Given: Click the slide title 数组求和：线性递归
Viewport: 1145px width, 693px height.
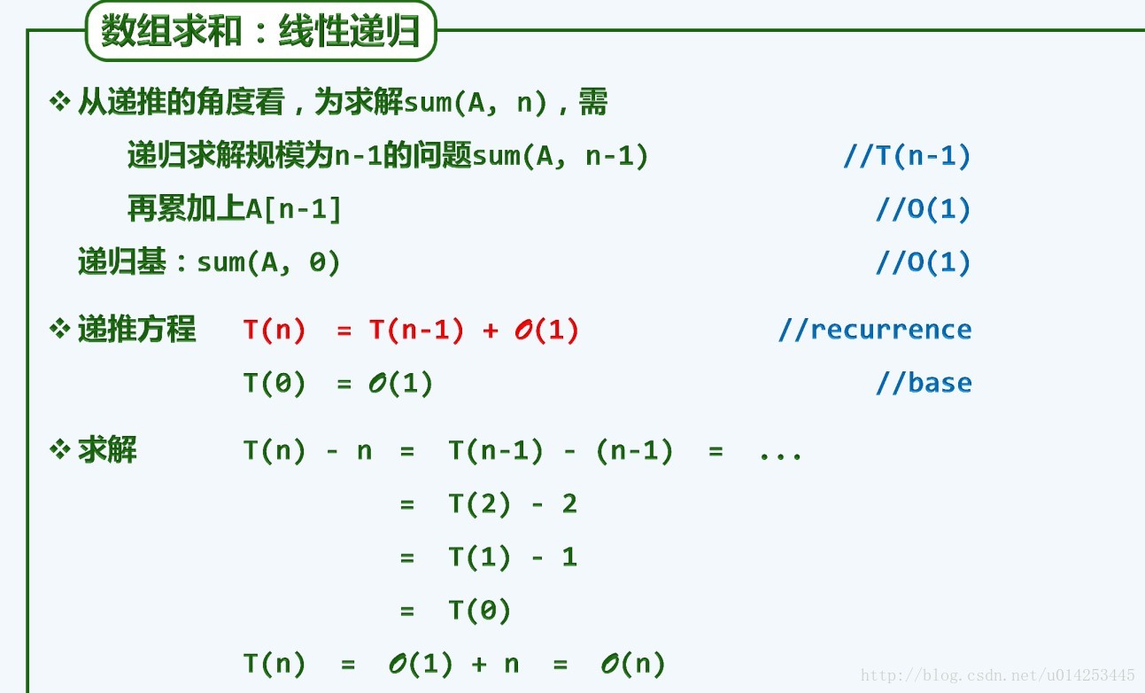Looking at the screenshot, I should (260, 33).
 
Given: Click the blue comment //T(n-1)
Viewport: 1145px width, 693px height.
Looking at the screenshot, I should (907, 157).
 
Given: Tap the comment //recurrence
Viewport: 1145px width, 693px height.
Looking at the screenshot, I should (874, 330).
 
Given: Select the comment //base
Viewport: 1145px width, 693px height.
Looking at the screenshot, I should (924, 383).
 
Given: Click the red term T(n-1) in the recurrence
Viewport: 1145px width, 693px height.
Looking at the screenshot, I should (416, 331).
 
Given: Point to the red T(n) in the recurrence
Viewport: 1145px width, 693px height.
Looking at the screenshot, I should (275, 331).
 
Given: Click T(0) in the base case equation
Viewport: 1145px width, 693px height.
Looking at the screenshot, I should (275, 384).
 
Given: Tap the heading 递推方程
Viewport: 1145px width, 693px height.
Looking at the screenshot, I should (136, 329).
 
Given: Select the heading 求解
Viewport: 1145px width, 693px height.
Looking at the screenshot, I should (107, 450).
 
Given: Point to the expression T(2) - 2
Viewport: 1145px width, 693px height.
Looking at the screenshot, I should (513, 504).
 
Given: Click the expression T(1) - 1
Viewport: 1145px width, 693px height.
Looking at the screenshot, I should (513, 557).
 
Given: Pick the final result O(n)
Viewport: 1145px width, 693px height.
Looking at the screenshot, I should (632, 664).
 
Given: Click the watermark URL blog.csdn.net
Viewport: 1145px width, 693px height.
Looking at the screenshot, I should (998, 676).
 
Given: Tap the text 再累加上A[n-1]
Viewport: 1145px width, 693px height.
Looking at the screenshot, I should (234, 210).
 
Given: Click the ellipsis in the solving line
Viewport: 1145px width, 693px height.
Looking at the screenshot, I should (780, 453).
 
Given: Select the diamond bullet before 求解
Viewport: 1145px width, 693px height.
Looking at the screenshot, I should (59, 450).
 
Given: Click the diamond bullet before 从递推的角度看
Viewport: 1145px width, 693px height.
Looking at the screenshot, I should (59, 102).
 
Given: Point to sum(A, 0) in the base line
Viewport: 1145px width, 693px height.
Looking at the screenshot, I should (268, 263).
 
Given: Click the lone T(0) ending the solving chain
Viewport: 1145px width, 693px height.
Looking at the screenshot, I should (479, 611).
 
